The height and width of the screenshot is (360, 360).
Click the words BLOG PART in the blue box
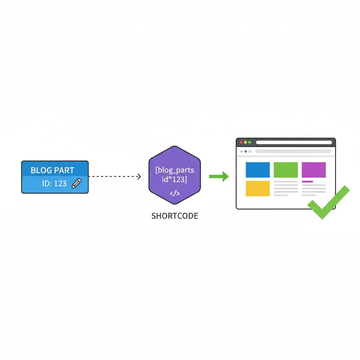point(52,171)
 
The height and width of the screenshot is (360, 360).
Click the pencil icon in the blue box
point(76,183)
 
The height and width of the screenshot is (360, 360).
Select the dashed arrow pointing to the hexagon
point(115,176)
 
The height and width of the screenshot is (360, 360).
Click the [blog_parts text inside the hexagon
point(174,170)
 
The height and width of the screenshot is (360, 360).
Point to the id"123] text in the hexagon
point(174,180)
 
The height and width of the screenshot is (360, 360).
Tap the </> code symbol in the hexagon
point(174,193)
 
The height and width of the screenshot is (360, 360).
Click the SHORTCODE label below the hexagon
point(174,216)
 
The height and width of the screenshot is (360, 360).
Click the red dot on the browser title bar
point(241,142)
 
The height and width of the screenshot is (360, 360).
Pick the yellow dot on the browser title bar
point(245,142)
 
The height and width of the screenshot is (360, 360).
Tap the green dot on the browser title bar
point(250,142)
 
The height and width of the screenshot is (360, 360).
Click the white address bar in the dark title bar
point(294,142)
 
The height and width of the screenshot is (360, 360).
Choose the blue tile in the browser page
point(257,170)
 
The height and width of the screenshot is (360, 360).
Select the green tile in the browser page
point(285,170)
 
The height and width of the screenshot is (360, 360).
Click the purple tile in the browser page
point(314,170)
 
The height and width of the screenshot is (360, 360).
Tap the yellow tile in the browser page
point(257,188)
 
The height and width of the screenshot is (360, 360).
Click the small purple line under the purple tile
point(307,181)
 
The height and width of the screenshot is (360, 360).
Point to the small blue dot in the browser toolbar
point(245,152)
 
